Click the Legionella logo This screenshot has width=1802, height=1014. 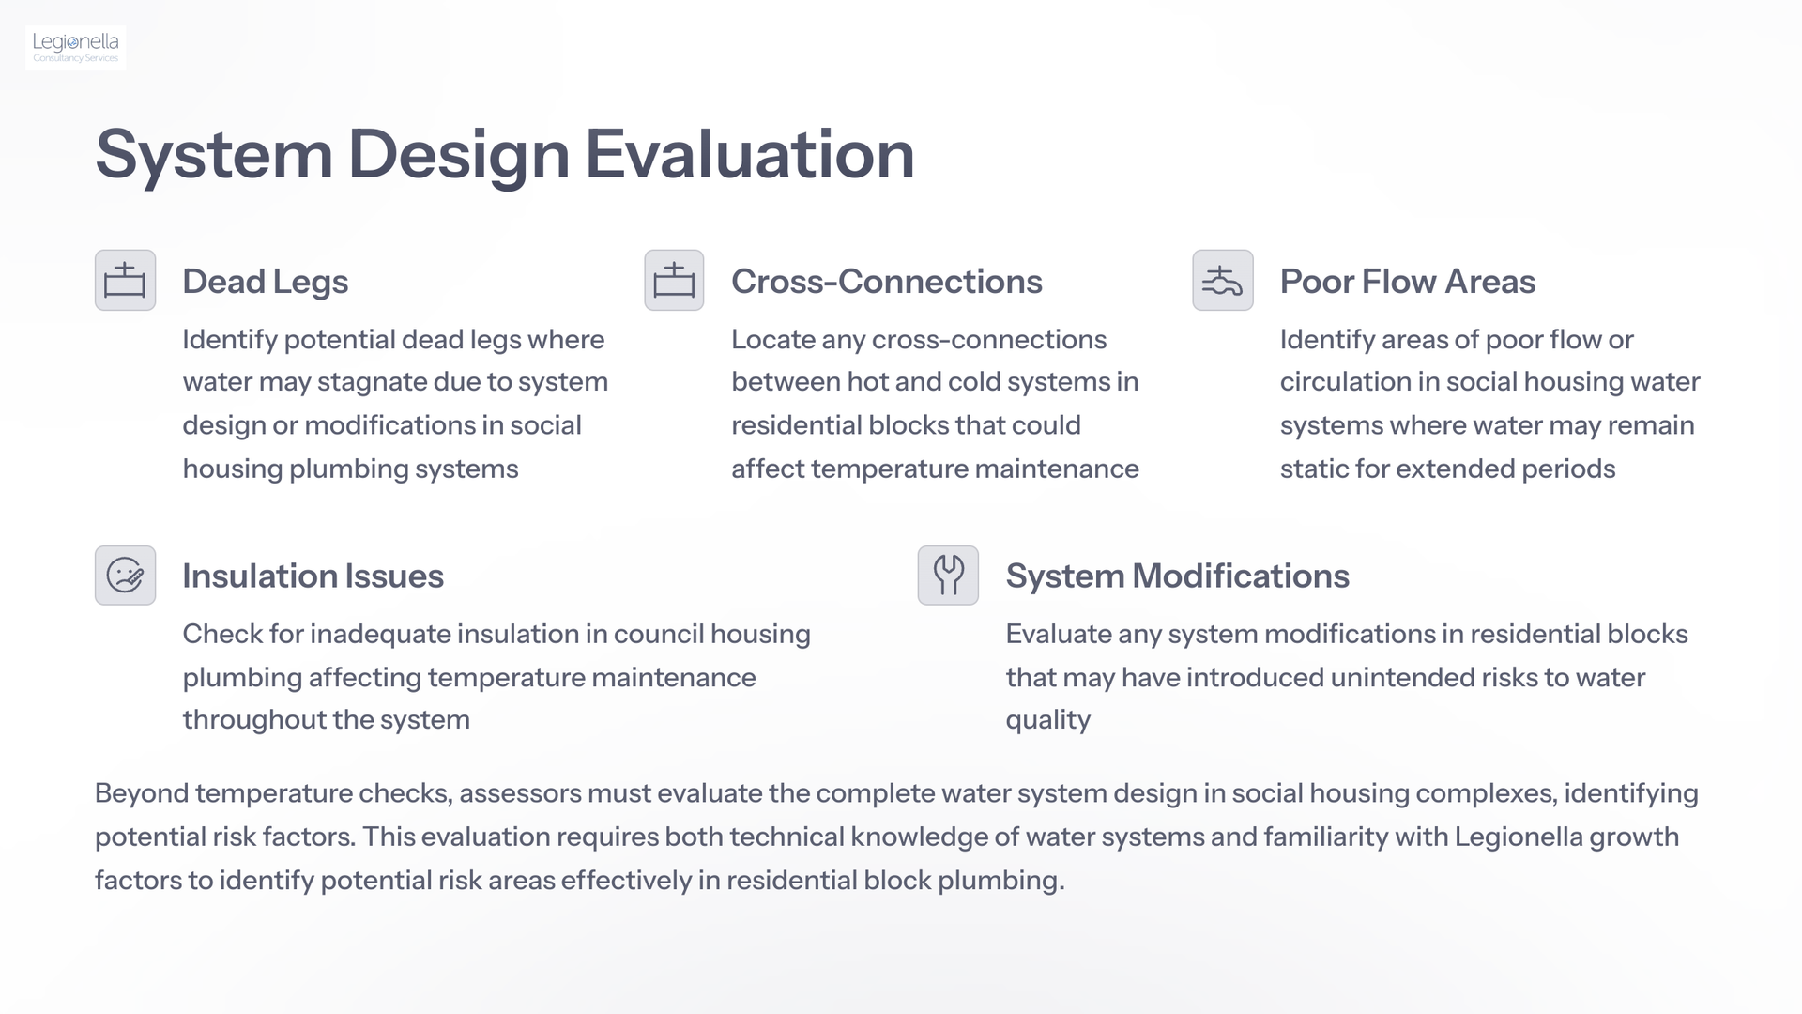point(76,48)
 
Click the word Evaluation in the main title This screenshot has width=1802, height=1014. point(750,154)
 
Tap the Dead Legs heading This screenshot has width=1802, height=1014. point(265,282)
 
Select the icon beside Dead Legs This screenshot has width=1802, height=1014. point(125,280)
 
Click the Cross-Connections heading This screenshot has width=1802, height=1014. point(887,282)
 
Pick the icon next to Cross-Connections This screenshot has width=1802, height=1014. point(674,280)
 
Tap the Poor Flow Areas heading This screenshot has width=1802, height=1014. point(1408,282)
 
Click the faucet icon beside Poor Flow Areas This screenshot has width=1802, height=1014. point(1223,280)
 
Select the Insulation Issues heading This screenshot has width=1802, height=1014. point(313,576)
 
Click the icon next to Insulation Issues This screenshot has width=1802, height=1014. point(125,576)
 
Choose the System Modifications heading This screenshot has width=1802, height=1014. point(1177,576)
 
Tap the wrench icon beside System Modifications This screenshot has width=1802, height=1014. point(948,576)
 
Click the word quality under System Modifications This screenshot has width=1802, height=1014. point(1048,720)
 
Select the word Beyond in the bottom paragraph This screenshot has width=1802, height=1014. point(142,793)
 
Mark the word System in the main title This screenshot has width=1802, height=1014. point(214,156)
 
